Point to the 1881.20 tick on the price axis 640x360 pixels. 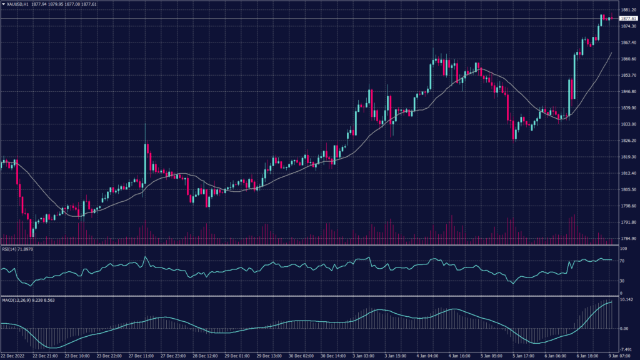[x=629, y=10]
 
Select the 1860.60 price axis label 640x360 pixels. [x=629, y=59]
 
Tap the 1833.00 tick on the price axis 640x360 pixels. [x=629, y=124]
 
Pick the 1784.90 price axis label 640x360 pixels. [x=629, y=239]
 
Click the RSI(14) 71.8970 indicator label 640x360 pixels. [x=17, y=249]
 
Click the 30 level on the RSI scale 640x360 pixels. [x=622, y=281]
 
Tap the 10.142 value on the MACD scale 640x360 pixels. [x=627, y=300]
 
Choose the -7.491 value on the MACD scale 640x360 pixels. [x=627, y=350]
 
